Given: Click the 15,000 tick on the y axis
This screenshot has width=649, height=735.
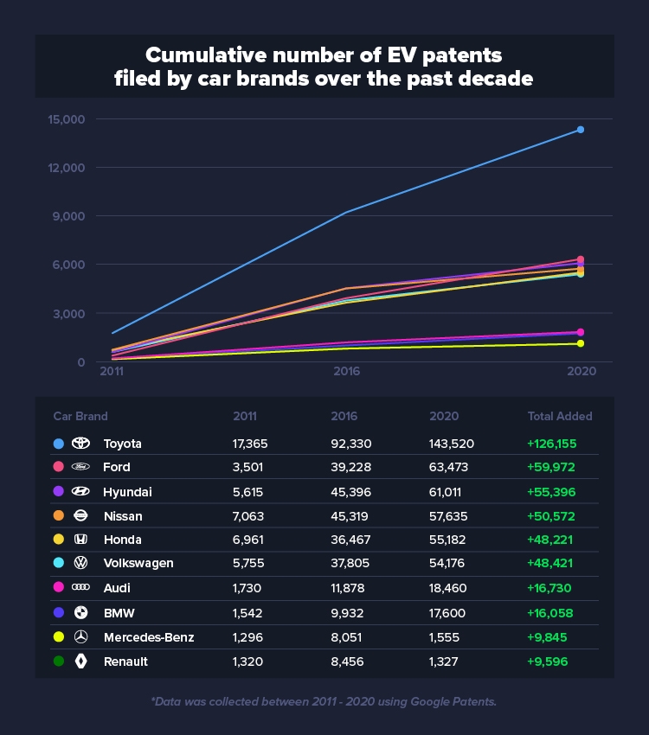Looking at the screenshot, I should [61, 119].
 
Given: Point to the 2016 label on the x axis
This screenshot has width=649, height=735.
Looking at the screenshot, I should [346, 371].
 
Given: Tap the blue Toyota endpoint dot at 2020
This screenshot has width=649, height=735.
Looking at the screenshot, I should [581, 130].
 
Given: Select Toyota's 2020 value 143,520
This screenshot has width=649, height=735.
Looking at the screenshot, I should [451, 444].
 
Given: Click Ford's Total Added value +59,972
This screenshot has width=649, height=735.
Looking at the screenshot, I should [551, 468].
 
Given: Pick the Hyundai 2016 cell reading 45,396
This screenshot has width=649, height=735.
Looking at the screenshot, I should [352, 492].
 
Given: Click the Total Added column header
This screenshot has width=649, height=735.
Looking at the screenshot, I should [560, 416].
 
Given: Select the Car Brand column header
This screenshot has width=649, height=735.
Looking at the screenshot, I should [80, 416].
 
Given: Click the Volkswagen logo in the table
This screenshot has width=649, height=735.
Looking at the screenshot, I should [80, 564].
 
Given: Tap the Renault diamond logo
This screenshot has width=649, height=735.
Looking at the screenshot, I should [80, 661].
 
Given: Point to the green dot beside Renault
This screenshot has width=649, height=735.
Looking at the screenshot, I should [58, 661].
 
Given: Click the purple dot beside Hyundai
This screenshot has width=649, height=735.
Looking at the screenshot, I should [58, 492].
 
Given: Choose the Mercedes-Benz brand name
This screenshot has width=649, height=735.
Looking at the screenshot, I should [148, 637].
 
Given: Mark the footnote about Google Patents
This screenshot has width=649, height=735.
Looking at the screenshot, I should [324, 701].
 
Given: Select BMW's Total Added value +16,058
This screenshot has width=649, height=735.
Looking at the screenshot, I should [551, 613].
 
